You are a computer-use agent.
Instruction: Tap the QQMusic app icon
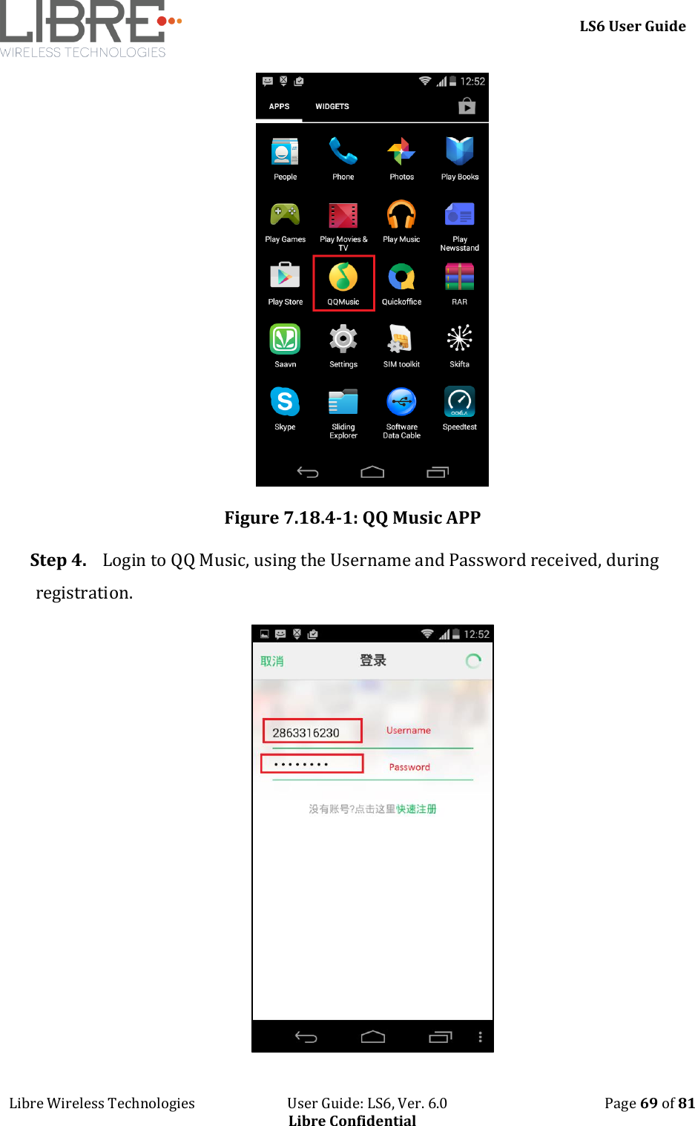[x=343, y=277]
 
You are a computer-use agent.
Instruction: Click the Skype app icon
[x=285, y=402]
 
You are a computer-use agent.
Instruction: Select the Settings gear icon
[x=343, y=339]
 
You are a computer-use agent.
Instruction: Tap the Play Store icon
[x=285, y=277]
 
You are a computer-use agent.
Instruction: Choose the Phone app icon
[x=343, y=151]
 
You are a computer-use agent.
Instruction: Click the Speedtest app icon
[x=459, y=402]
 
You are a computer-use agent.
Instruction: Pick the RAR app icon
[x=459, y=277]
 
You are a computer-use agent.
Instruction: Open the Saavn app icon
[x=285, y=339]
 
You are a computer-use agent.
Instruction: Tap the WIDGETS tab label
[x=332, y=107]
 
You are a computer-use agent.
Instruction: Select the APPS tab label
[x=279, y=107]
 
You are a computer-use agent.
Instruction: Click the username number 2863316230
[x=306, y=733]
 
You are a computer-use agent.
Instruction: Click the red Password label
[x=409, y=768]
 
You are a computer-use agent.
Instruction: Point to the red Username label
[x=408, y=731]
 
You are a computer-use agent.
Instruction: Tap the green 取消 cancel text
[x=271, y=661]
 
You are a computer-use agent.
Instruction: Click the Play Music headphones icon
[x=401, y=215]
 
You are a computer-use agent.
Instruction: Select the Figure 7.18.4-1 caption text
[x=352, y=518]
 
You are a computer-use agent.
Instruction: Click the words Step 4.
[x=58, y=561]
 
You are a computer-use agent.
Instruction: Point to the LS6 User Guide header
[x=632, y=27]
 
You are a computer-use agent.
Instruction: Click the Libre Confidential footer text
[x=352, y=1120]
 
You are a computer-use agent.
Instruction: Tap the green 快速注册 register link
[x=416, y=809]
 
